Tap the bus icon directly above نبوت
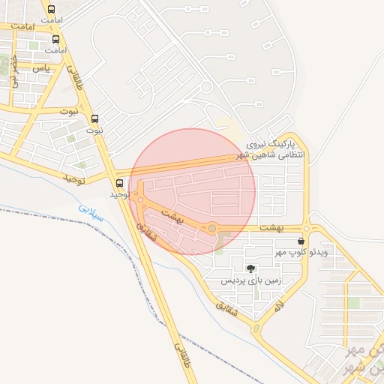point(94,118)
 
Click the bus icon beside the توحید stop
point(120,183)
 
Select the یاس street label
point(42,67)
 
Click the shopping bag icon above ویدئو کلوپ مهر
point(301,241)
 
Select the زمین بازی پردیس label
point(250,280)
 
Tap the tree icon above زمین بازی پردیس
point(250,268)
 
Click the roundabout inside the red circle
point(212,227)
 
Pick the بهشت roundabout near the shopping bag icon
point(307,228)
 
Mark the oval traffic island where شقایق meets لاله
point(256,328)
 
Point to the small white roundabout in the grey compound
point(205,87)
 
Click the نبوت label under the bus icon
point(94,130)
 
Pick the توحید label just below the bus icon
point(120,194)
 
